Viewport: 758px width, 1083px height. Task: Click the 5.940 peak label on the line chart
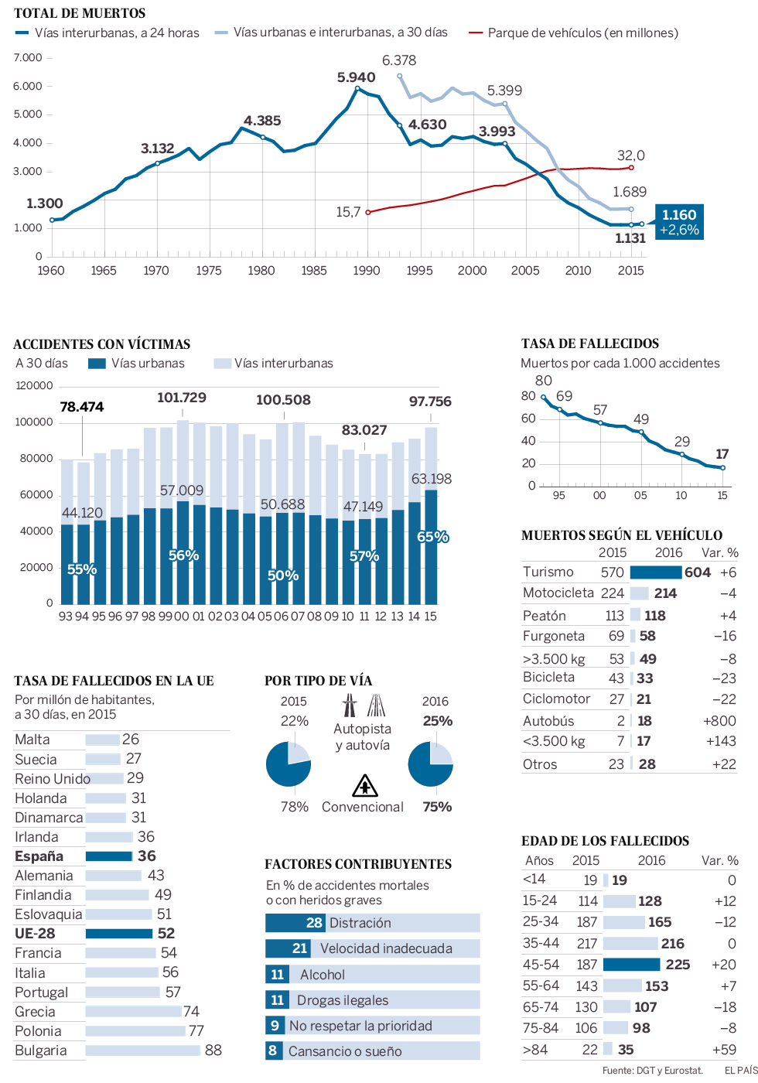(x=356, y=77)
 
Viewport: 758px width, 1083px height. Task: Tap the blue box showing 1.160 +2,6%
(x=679, y=222)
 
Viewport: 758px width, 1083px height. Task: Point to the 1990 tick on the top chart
(x=367, y=270)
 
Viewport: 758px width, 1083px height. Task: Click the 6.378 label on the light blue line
(x=398, y=60)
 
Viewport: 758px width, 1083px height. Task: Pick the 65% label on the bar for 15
(x=432, y=537)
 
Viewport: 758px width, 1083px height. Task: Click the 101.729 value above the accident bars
(x=182, y=398)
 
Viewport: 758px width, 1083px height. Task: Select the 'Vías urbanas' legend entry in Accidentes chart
(x=137, y=363)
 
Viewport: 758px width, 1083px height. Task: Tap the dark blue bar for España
(x=108, y=856)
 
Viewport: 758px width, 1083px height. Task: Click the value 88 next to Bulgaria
(x=213, y=1051)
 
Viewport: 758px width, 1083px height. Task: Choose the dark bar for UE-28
(x=118, y=934)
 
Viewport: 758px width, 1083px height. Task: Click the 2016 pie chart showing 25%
(x=430, y=764)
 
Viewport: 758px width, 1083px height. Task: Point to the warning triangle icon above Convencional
(x=364, y=786)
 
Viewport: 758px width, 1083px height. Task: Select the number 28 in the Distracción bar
(x=313, y=923)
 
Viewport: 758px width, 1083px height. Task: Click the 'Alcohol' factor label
(x=323, y=975)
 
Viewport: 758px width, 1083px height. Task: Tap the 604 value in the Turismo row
(x=697, y=572)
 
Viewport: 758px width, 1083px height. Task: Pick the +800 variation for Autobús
(x=719, y=721)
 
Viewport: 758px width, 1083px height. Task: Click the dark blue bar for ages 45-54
(x=631, y=965)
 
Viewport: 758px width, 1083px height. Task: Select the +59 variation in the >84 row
(x=724, y=1050)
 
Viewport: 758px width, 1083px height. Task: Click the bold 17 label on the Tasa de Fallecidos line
(x=722, y=454)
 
